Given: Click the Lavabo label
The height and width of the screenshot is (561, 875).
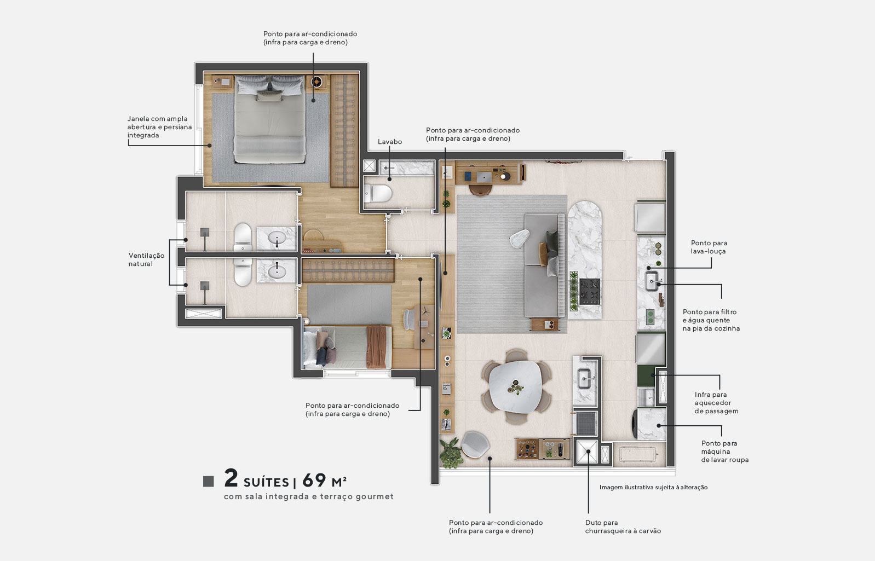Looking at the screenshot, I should click(x=389, y=142).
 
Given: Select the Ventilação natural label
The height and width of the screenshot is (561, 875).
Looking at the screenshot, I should click(x=146, y=259).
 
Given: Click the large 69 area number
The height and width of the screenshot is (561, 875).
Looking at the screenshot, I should click(x=314, y=480).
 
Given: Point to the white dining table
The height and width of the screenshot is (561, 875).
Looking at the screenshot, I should click(x=514, y=387).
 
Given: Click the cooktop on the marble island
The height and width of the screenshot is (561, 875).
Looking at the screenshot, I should click(x=590, y=291).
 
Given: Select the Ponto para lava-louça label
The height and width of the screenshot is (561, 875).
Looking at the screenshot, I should click(x=709, y=247).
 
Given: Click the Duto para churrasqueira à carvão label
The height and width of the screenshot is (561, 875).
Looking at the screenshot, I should click(x=623, y=527).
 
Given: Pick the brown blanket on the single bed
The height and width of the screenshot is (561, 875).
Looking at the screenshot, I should click(x=376, y=346).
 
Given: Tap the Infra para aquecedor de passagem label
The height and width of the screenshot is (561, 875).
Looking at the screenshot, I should click(x=716, y=402).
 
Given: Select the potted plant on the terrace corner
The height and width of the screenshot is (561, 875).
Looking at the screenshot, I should click(x=451, y=453).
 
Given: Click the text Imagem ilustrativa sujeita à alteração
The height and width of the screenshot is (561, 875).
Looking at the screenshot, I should click(x=653, y=487).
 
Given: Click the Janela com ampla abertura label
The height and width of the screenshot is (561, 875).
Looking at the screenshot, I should click(x=159, y=126).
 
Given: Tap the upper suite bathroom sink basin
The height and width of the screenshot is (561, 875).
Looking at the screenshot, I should click(x=277, y=239).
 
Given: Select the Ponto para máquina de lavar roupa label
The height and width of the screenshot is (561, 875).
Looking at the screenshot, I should click(x=724, y=452).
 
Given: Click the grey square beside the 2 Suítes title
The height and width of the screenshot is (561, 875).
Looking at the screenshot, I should click(x=209, y=481).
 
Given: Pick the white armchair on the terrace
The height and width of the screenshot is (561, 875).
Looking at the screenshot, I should click(x=475, y=444).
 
